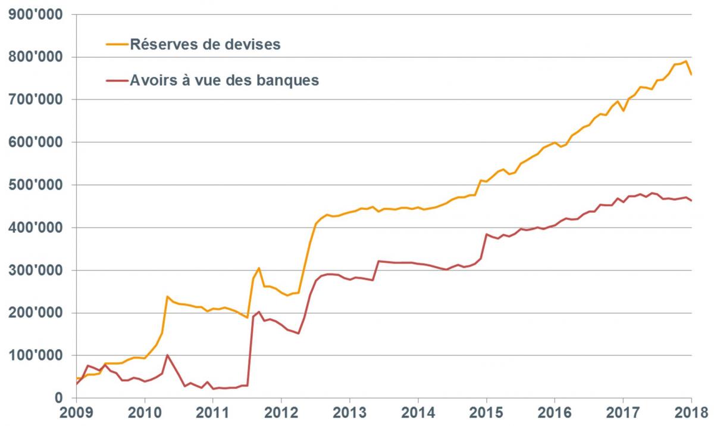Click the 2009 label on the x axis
(x=76, y=412)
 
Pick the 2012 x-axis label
(x=281, y=412)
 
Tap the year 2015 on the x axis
(x=487, y=412)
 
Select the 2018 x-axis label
(x=692, y=412)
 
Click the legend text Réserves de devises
(x=205, y=44)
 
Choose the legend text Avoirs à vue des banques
(x=224, y=80)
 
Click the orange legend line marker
(x=117, y=44)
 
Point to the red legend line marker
(x=117, y=80)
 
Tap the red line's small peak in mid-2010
(x=167, y=355)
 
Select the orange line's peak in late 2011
(x=259, y=268)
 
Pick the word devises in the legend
(x=252, y=44)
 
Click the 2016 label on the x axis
(x=555, y=412)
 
